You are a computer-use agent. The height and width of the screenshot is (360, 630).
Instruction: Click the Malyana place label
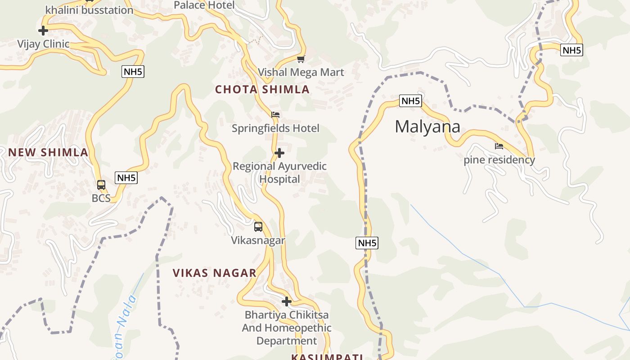tap(427, 127)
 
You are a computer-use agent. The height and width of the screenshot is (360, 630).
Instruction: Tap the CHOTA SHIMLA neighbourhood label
tap(262, 90)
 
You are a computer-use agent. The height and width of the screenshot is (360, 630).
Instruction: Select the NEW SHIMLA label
tap(48, 153)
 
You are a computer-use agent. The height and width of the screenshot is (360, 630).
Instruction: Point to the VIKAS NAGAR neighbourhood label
tap(215, 273)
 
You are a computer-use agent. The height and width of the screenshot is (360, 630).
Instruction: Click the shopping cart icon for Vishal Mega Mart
tap(301, 59)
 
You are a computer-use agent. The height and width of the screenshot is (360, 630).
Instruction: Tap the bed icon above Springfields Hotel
tap(275, 115)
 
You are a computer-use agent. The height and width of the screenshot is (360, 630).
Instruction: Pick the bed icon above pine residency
tap(499, 146)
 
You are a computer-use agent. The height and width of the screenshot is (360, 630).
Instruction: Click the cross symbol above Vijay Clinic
tap(43, 31)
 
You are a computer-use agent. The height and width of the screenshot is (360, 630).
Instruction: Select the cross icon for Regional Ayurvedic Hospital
tap(279, 153)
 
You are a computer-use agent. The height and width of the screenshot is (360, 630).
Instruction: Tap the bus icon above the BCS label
tap(101, 185)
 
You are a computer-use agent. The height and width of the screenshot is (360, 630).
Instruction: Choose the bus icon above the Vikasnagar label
tap(258, 227)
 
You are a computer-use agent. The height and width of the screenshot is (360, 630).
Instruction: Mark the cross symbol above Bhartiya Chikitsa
tap(287, 301)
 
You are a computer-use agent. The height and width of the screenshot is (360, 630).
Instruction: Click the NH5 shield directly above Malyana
tap(410, 101)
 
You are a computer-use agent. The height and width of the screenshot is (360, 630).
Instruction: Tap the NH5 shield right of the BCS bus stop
tap(126, 178)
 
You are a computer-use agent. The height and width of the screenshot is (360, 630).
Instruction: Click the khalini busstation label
tap(90, 10)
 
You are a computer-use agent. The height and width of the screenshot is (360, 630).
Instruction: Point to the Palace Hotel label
tap(204, 5)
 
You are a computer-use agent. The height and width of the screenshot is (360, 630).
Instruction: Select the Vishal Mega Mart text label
tap(301, 72)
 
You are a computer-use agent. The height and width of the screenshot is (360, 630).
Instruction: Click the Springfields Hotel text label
tap(275, 128)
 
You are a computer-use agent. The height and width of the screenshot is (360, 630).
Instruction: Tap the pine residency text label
tap(499, 160)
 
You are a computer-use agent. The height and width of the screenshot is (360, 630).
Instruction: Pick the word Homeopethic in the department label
tap(299, 328)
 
